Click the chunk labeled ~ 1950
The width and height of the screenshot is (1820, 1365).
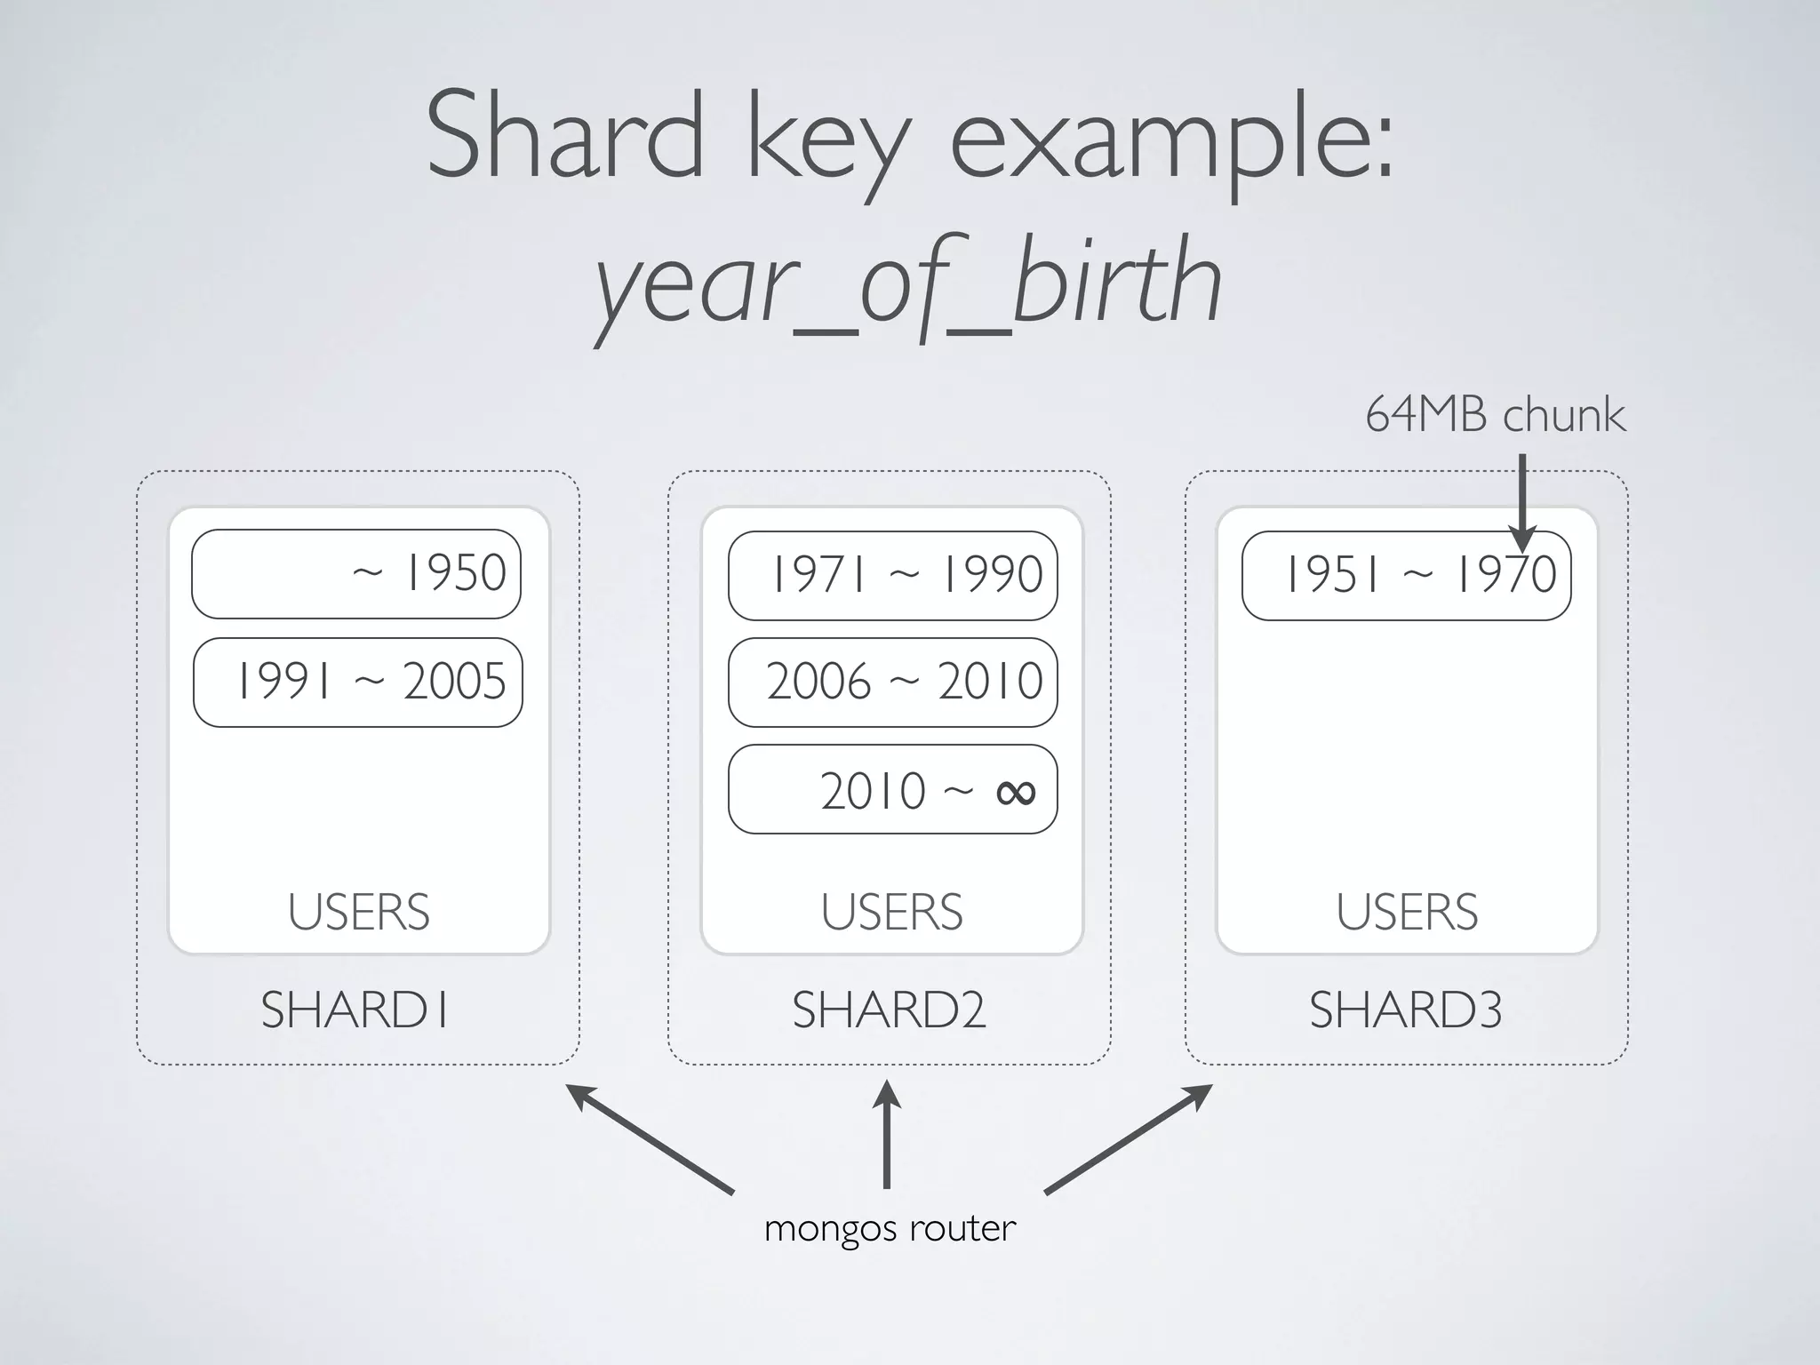[x=356, y=574]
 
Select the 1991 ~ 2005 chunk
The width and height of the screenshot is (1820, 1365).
[x=358, y=682]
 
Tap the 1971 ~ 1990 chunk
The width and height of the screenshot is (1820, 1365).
[x=893, y=575]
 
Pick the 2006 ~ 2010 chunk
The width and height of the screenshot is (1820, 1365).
[x=893, y=682]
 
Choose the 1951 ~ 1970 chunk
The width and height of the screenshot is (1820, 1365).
[x=1407, y=575]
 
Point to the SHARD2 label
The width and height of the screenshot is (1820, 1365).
[x=890, y=1010]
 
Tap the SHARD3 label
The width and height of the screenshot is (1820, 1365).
[x=1406, y=1010]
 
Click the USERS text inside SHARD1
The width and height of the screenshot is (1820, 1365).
[x=359, y=913]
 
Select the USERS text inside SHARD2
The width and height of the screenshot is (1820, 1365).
[x=892, y=913]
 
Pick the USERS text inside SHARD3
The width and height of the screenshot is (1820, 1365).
[x=1407, y=913]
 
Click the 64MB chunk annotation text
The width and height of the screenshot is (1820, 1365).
[x=1495, y=415]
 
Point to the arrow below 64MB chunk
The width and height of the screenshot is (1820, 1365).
[x=1522, y=502]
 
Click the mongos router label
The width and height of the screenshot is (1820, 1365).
[x=890, y=1229]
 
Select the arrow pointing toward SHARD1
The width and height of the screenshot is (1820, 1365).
[x=651, y=1138]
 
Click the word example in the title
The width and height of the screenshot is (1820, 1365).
[x=1171, y=138]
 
